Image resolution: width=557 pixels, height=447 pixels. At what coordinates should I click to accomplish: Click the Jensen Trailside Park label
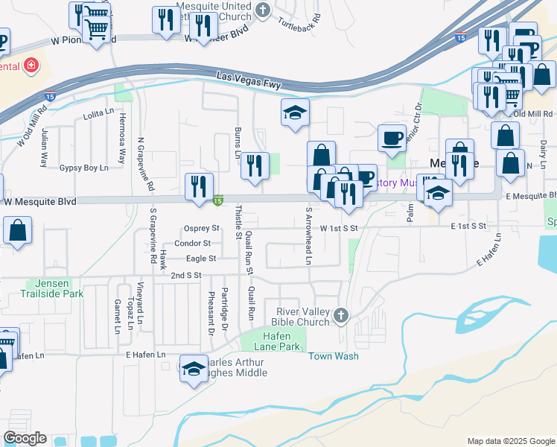coord(55,288)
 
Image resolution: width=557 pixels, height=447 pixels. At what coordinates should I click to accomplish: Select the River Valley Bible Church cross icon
coord(341,315)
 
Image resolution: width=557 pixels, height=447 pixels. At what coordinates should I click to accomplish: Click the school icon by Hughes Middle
coord(194,370)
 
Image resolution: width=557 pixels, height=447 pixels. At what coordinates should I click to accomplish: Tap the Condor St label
coord(192,244)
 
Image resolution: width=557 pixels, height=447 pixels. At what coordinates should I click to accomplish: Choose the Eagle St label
coord(201,259)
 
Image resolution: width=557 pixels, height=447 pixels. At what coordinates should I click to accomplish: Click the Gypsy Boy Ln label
coord(84,168)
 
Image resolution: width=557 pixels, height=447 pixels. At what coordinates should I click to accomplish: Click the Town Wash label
coord(334,356)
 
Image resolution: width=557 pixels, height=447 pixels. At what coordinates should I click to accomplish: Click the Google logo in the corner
coord(25,438)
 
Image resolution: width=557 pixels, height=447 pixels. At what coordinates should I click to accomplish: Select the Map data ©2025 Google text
coord(511,441)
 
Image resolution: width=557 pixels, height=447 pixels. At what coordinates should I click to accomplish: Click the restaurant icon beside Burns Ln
coord(255,165)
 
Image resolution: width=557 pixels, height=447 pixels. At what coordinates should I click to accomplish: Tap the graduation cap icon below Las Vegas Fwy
coord(295,112)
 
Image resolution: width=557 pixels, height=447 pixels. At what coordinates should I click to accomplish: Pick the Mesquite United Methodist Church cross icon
coord(261,9)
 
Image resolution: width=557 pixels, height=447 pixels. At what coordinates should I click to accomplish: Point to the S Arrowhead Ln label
coord(308,235)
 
